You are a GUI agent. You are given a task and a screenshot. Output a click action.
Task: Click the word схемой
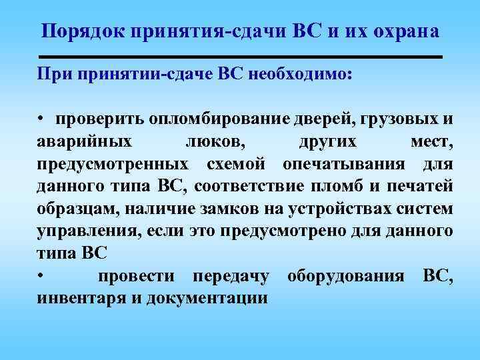coord(237,164)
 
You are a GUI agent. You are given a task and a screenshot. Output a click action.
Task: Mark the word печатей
coord(422,186)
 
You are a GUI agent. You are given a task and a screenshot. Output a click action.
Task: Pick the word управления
coord(83,231)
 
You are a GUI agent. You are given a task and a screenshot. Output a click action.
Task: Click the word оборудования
coord(345,276)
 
